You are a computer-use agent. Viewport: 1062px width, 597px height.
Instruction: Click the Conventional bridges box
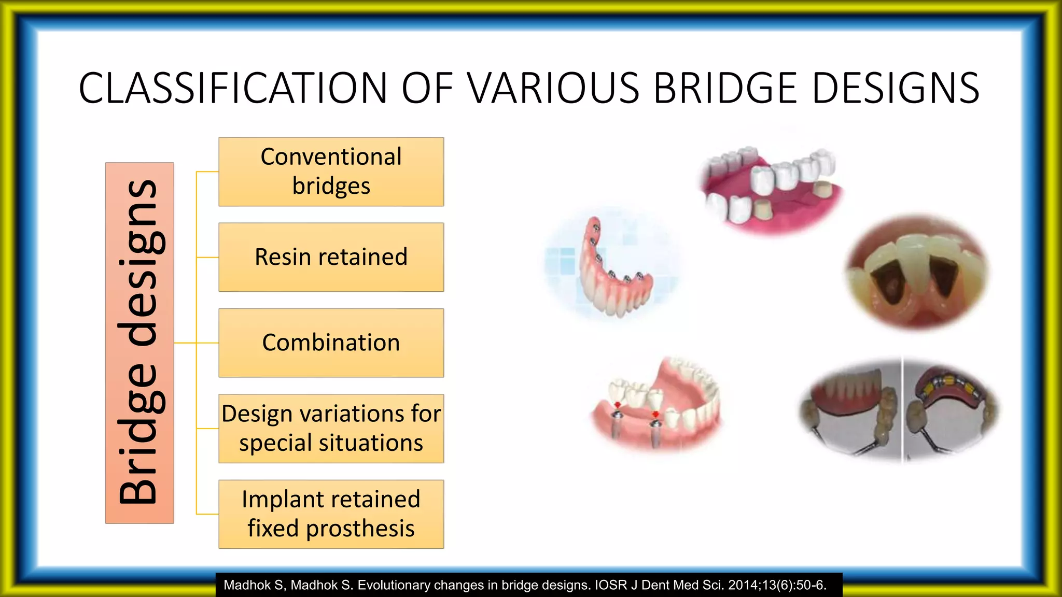click(331, 172)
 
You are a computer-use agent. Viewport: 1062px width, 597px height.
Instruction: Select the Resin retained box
click(331, 257)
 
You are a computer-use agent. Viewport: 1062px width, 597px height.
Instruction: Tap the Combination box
click(331, 343)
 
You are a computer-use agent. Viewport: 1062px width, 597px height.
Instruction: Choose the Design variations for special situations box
click(331, 429)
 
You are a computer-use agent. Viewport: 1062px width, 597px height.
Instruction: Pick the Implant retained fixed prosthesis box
click(331, 514)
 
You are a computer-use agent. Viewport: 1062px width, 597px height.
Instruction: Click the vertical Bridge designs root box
click(139, 343)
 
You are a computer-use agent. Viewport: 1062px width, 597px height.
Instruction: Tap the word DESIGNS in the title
click(896, 88)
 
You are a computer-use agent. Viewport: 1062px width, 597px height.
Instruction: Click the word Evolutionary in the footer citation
click(394, 585)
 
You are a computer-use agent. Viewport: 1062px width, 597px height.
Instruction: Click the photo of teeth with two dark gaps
click(917, 272)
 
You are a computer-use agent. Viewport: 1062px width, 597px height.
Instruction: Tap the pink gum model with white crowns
click(771, 187)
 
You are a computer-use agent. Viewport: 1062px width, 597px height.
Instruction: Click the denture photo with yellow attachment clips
click(952, 409)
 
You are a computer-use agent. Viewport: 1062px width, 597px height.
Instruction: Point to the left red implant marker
click(617, 405)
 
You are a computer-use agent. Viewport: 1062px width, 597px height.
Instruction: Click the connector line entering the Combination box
click(207, 343)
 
